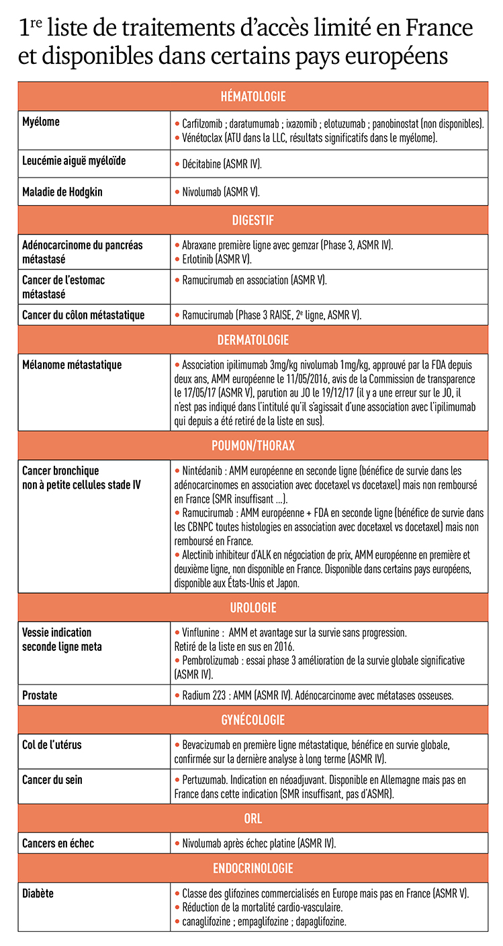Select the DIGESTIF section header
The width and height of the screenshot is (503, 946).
[x=253, y=220]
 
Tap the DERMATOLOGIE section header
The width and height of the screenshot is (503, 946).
[x=253, y=340]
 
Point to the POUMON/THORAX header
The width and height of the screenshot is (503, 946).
[x=253, y=446]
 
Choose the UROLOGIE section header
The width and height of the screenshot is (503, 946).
[x=253, y=608]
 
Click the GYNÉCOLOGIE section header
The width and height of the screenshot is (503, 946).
[x=253, y=720]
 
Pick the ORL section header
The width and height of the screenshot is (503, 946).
[x=253, y=819]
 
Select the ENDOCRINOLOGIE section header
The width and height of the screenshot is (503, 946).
[x=253, y=869]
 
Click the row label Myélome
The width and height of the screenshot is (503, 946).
[x=41, y=122]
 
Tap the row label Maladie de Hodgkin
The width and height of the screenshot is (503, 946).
[x=62, y=192]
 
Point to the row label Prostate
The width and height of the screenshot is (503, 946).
[x=40, y=695]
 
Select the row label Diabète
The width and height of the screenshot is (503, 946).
[x=38, y=894]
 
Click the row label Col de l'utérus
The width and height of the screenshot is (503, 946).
[x=52, y=746]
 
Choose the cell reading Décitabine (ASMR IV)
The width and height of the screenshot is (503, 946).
[x=222, y=164]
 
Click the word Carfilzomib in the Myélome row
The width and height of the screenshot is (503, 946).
[x=204, y=124]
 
